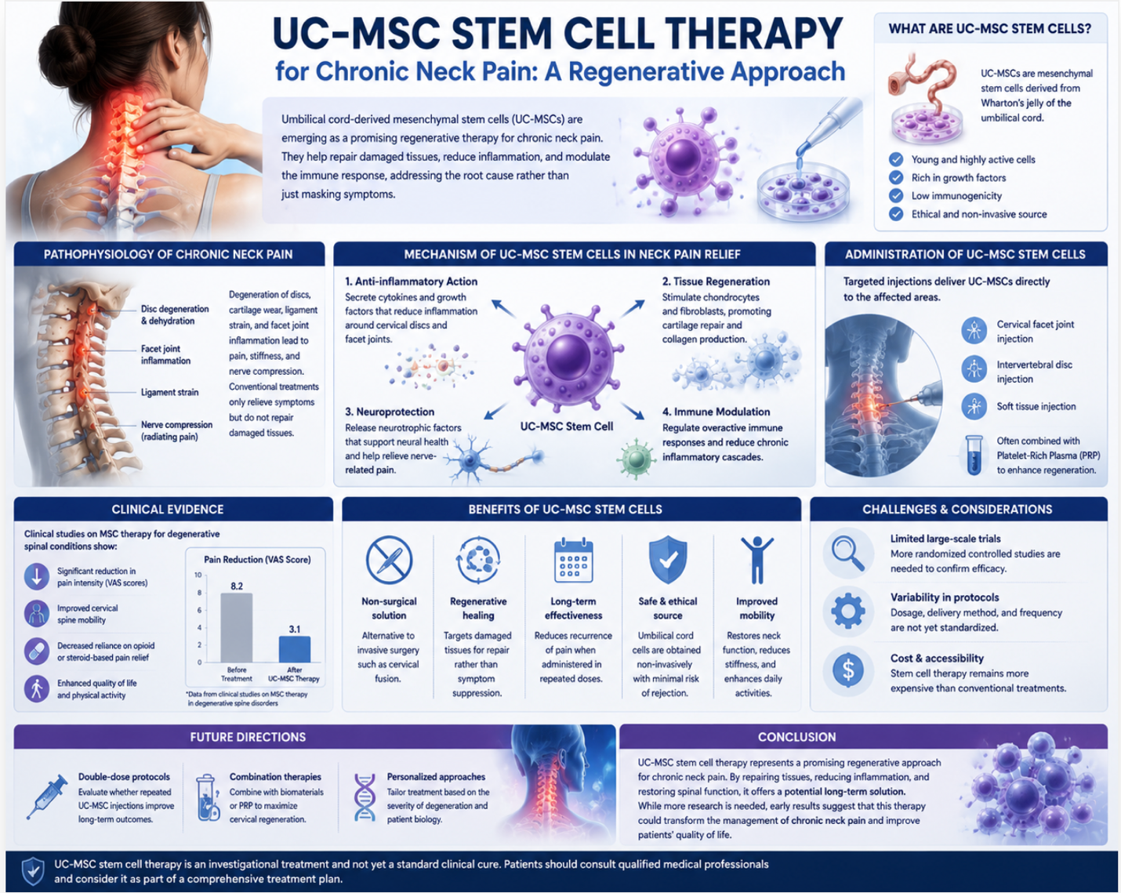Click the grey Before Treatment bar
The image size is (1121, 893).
coord(237,627)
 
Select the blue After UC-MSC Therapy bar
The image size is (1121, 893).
coord(294,648)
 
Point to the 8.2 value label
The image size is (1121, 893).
coord(237,586)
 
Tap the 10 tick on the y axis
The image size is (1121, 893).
coord(198,575)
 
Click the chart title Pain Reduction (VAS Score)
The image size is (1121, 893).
coord(257,560)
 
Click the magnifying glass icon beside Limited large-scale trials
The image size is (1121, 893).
coord(847,554)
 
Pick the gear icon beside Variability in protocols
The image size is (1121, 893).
coord(848,611)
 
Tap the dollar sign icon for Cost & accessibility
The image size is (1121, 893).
coord(848,670)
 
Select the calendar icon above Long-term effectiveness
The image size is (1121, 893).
coord(573,561)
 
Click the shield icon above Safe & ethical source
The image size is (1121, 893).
coord(668,559)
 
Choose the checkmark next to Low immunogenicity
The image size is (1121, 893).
coord(896,196)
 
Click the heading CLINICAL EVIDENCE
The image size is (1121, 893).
coord(168,510)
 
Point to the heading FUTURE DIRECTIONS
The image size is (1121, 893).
coord(248,737)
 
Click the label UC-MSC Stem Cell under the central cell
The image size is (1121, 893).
coord(567,427)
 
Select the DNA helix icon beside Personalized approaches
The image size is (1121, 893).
coord(365,797)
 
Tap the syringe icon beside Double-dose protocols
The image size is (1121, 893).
coord(47,797)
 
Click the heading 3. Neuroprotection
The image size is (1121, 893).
coord(390,412)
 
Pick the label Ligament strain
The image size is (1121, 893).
coord(170,392)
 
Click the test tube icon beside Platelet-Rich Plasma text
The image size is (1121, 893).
coord(974,455)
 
